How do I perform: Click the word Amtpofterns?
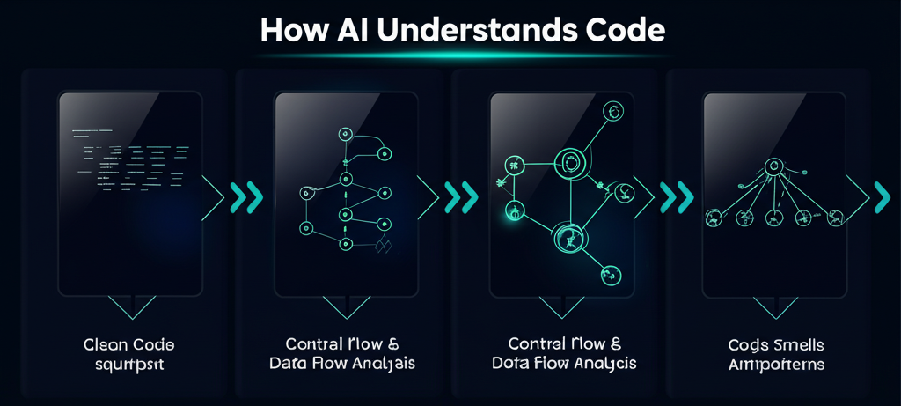[777, 364]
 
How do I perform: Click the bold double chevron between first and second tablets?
[245, 197]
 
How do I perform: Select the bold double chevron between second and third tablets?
[461, 197]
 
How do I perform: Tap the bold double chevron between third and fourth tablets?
[677, 197]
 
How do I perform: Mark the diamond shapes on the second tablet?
[382, 246]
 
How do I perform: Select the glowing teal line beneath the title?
[450, 55]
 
